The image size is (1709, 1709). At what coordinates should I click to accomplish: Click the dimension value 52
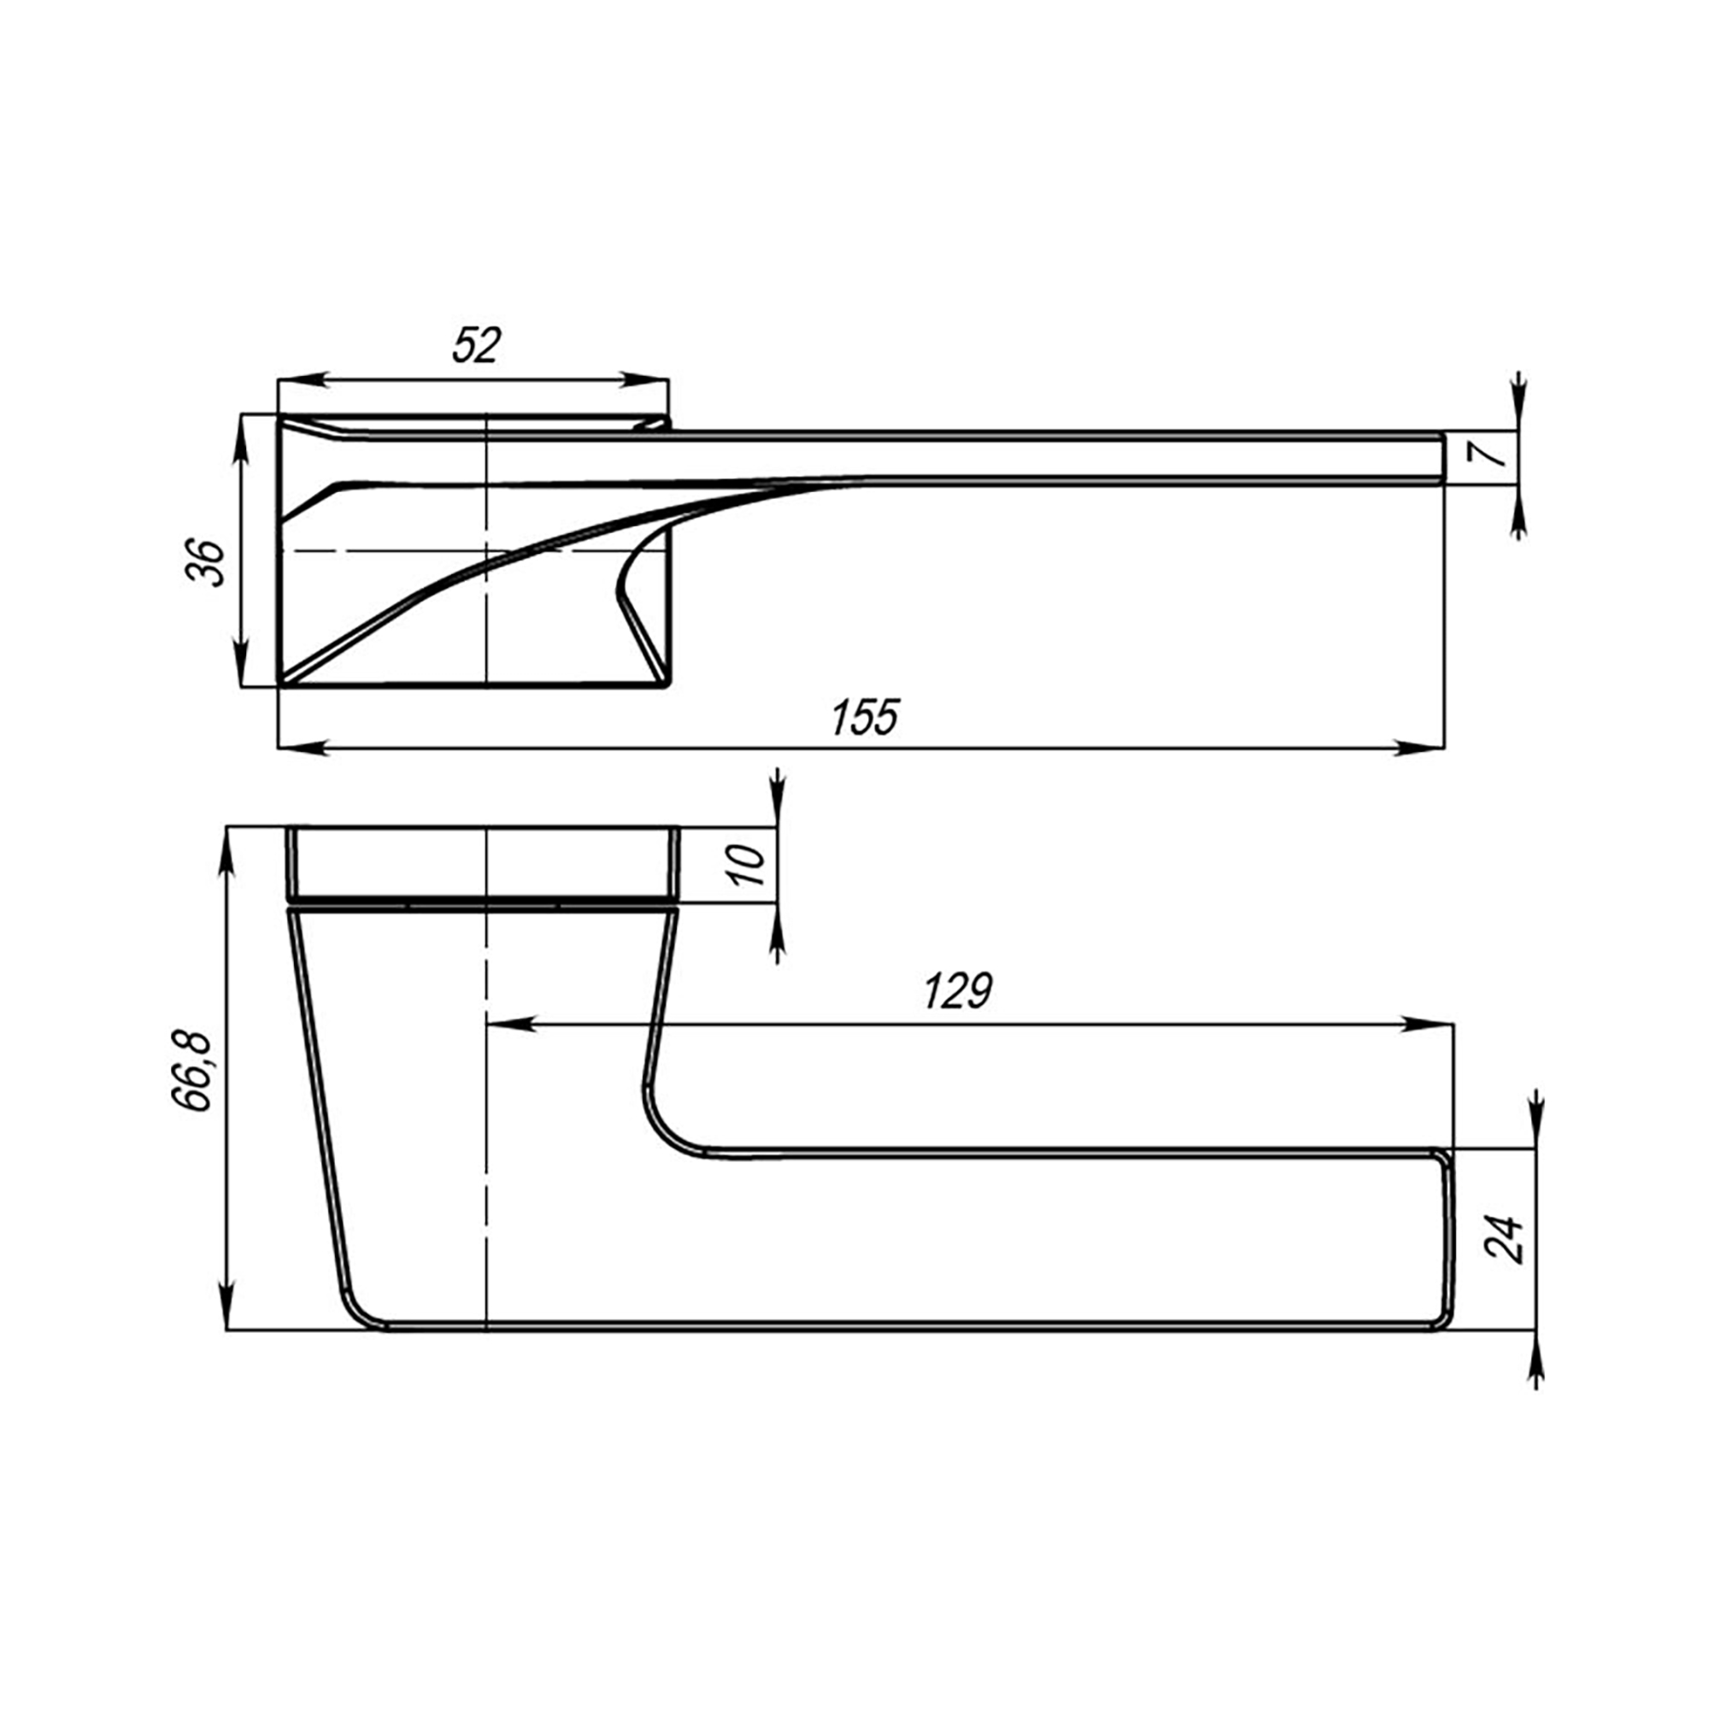477,345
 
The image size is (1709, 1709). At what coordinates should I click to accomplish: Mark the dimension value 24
1504,1238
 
